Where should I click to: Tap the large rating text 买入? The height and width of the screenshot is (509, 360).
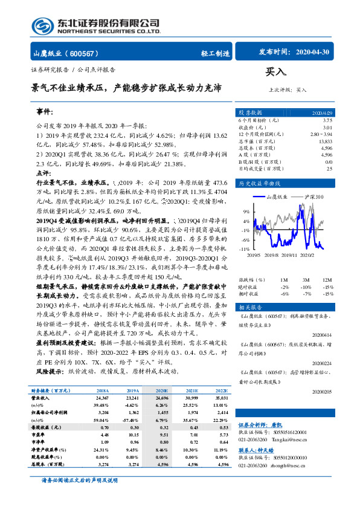tap(275, 72)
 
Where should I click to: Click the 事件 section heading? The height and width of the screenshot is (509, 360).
tap(45, 112)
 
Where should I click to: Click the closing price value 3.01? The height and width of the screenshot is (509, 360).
tap(327, 128)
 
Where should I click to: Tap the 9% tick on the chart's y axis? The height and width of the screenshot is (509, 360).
tap(246, 212)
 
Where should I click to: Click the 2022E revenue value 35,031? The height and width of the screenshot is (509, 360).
tap(220, 398)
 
